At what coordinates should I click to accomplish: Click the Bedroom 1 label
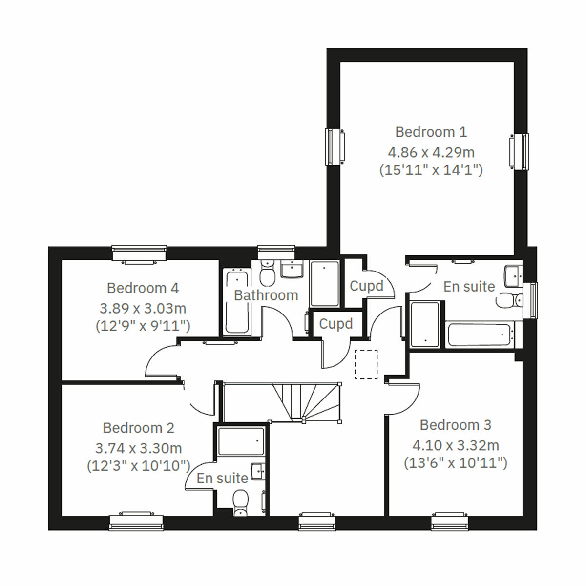click(431, 132)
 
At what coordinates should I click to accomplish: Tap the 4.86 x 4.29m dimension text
click(431, 152)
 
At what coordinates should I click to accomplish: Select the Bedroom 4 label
click(143, 288)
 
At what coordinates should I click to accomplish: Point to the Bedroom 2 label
click(138, 428)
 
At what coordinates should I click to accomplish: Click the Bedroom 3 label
click(455, 425)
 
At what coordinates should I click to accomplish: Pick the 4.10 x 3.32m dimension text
click(455, 445)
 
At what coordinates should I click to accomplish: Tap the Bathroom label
click(266, 295)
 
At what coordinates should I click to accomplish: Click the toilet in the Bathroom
click(267, 273)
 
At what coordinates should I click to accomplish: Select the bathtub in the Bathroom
click(237, 302)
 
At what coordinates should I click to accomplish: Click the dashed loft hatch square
click(366, 364)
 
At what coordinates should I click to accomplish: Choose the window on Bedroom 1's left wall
click(334, 146)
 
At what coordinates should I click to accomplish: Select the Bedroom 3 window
click(449, 522)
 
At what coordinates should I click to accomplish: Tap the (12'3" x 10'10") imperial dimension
click(138, 466)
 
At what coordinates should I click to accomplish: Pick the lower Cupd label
click(335, 324)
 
